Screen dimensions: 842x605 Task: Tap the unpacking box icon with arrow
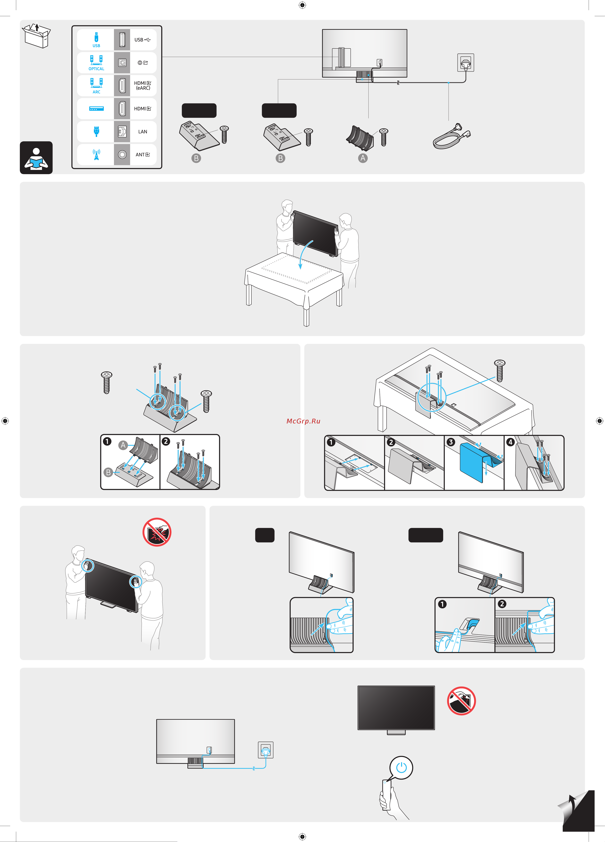(36, 36)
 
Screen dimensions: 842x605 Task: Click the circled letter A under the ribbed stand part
(363, 158)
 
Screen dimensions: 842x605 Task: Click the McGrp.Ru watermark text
(303, 421)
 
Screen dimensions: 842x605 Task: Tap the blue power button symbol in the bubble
(401, 767)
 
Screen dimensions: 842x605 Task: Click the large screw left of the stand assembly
(107, 382)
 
